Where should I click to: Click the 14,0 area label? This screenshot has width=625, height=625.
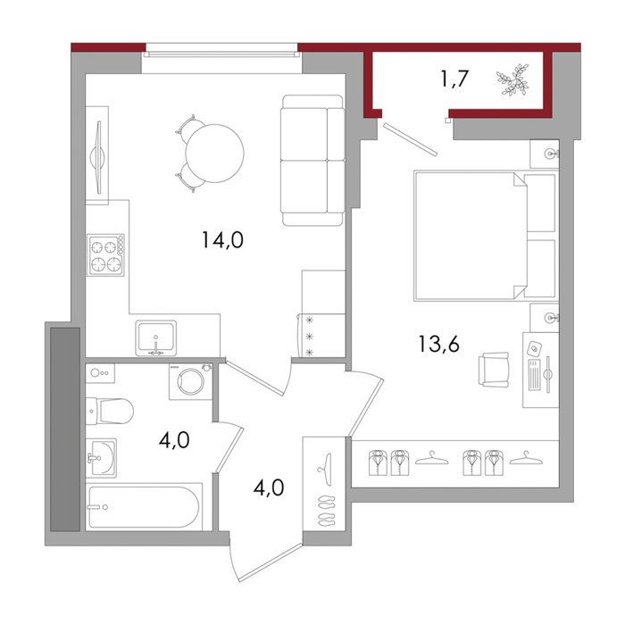point(222,240)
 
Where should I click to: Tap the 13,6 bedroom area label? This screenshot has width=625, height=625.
point(439,345)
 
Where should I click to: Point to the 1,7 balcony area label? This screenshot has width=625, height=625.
point(454,79)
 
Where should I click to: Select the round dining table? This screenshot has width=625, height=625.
point(214,154)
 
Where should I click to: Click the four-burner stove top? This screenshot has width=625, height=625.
point(106,255)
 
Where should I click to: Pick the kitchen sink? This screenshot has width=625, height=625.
point(156,337)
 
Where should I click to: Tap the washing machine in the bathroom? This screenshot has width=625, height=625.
point(190,381)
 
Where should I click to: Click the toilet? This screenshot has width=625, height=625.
point(109,411)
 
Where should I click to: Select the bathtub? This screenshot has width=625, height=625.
point(144,506)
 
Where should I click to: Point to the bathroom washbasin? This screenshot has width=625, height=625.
point(101,458)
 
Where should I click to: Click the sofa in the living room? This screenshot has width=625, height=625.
point(312,160)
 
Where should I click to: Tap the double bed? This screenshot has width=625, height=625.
point(486,236)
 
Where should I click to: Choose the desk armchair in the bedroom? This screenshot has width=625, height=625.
point(495,369)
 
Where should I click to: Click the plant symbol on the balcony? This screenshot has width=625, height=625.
point(513,80)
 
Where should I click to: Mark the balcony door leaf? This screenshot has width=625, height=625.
point(411,139)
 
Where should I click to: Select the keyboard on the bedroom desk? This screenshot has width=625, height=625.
point(534,375)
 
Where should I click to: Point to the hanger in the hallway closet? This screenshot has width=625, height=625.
point(325,470)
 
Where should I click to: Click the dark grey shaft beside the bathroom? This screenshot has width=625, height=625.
point(65,429)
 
